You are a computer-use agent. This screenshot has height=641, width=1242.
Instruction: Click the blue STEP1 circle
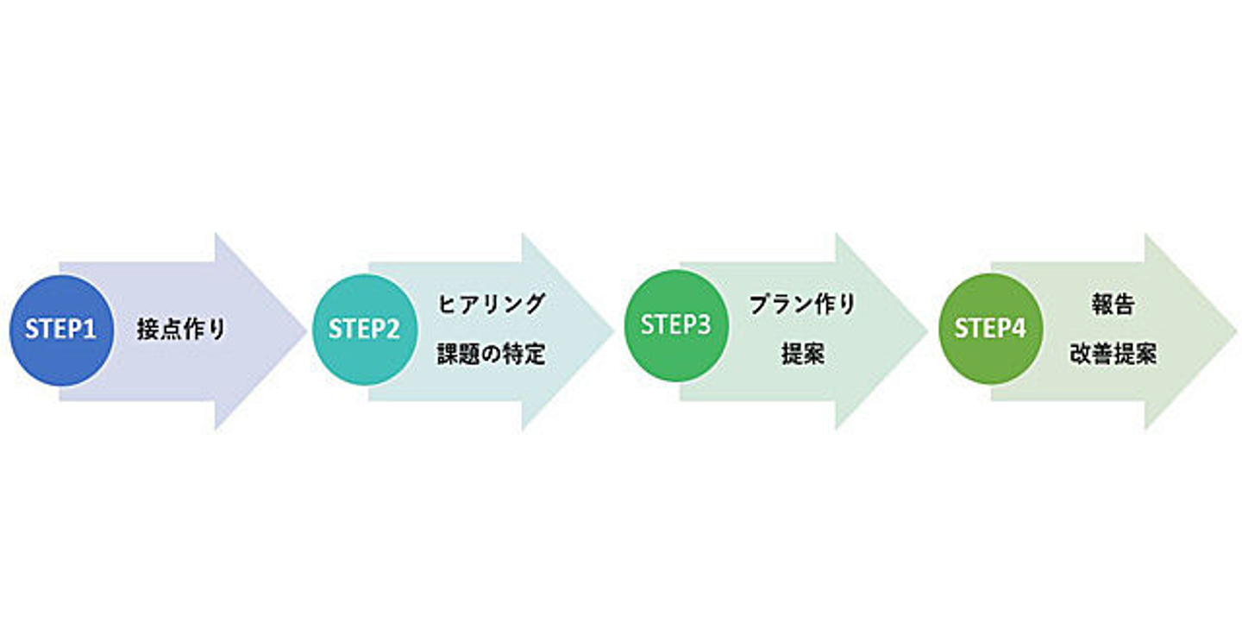[61, 330]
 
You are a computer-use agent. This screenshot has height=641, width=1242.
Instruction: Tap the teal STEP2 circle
[364, 330]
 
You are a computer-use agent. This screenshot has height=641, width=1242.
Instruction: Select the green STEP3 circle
[676, 326]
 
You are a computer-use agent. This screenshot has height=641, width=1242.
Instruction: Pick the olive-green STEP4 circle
[990, 329]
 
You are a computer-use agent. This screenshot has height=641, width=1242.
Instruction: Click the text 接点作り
[181, 330]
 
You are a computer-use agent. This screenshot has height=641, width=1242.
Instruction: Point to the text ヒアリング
[492, 304]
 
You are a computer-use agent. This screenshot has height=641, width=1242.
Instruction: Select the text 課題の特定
[492, 355]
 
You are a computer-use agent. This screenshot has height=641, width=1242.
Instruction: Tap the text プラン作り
[803, 304]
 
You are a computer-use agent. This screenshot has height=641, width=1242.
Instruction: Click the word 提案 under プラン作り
[803, 355]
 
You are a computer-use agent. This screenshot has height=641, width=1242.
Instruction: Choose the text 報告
[1113, 304]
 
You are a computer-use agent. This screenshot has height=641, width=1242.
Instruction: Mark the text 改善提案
[1113, 355]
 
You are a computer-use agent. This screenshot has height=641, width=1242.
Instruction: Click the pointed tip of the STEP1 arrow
[304, 330]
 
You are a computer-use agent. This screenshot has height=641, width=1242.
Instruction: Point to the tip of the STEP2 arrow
[612, 330]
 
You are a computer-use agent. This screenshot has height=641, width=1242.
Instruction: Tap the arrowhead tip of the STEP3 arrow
[925, 330]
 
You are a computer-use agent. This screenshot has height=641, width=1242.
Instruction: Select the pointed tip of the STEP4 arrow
[1235, 330]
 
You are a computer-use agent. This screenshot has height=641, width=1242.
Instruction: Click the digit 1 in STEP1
[91, 330]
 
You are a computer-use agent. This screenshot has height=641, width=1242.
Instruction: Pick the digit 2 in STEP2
[393, 330]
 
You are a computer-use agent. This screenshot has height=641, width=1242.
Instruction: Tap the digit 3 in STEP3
[705, 326]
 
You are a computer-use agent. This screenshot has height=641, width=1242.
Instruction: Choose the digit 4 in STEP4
[1019, 329]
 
